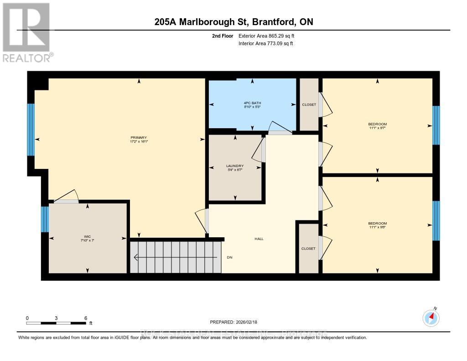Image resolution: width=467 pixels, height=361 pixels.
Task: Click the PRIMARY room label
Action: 139,137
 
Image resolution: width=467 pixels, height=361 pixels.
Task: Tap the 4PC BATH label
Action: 252,103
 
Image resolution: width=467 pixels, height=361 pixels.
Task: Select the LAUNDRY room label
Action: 235,166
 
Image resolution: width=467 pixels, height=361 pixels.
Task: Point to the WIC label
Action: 87,236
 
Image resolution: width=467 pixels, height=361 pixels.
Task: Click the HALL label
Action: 259,239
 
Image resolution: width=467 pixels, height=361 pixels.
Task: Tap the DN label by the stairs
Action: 230,257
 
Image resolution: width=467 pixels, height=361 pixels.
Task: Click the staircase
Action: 176,257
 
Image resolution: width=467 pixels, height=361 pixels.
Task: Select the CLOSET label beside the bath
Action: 309,105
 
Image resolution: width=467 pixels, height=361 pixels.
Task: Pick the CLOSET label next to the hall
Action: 308,249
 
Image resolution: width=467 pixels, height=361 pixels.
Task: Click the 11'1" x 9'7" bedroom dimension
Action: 377,128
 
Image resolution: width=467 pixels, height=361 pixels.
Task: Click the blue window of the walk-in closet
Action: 44,220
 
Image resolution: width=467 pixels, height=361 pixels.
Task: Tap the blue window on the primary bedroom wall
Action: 31,130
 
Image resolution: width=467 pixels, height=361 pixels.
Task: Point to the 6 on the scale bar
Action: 85,318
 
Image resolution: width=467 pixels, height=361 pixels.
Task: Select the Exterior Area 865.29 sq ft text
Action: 269,36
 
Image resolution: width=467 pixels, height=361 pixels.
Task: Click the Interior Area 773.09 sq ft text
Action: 265,44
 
